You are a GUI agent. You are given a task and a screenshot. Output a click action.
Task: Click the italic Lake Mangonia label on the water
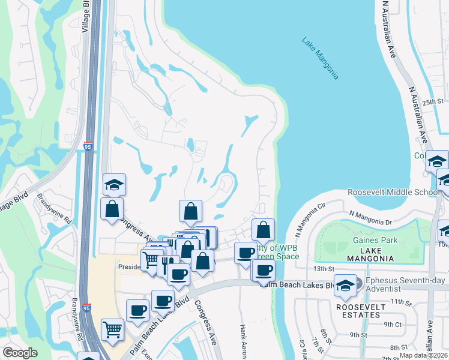[321, 59]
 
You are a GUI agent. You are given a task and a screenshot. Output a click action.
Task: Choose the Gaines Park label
[375, 241]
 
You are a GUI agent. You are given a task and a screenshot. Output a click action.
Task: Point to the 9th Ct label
[393, 324]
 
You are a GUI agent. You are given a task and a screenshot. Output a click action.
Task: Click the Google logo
[20, 353]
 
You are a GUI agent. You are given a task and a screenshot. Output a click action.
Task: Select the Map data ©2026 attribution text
[424, 355]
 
